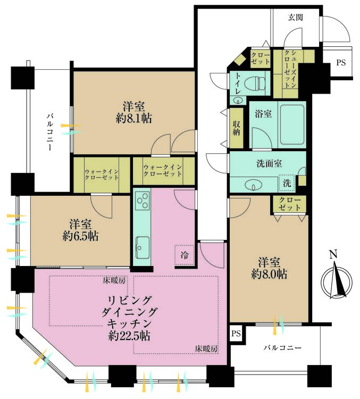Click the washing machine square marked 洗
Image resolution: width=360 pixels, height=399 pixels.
287,182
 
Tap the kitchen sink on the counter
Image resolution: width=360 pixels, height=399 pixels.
143,246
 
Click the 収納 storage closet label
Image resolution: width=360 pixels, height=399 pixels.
236,128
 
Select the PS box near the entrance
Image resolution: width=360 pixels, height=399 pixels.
340,63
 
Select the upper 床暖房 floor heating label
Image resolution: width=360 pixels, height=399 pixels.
114,279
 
